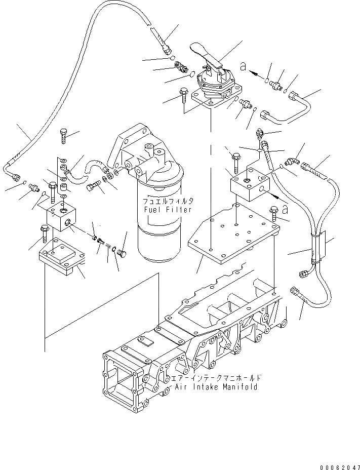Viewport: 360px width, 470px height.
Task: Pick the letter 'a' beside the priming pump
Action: point(243,66)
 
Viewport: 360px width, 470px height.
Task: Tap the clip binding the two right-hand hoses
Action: point(318,248)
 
